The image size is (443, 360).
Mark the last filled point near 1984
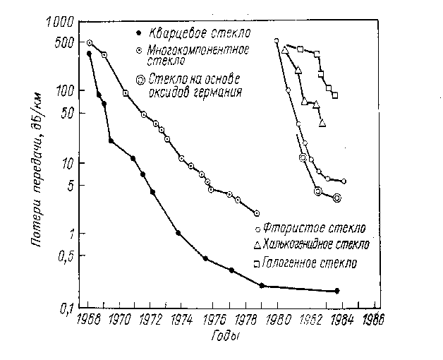click(x=337, y=291)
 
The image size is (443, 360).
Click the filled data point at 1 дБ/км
click(x=178, y=233)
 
